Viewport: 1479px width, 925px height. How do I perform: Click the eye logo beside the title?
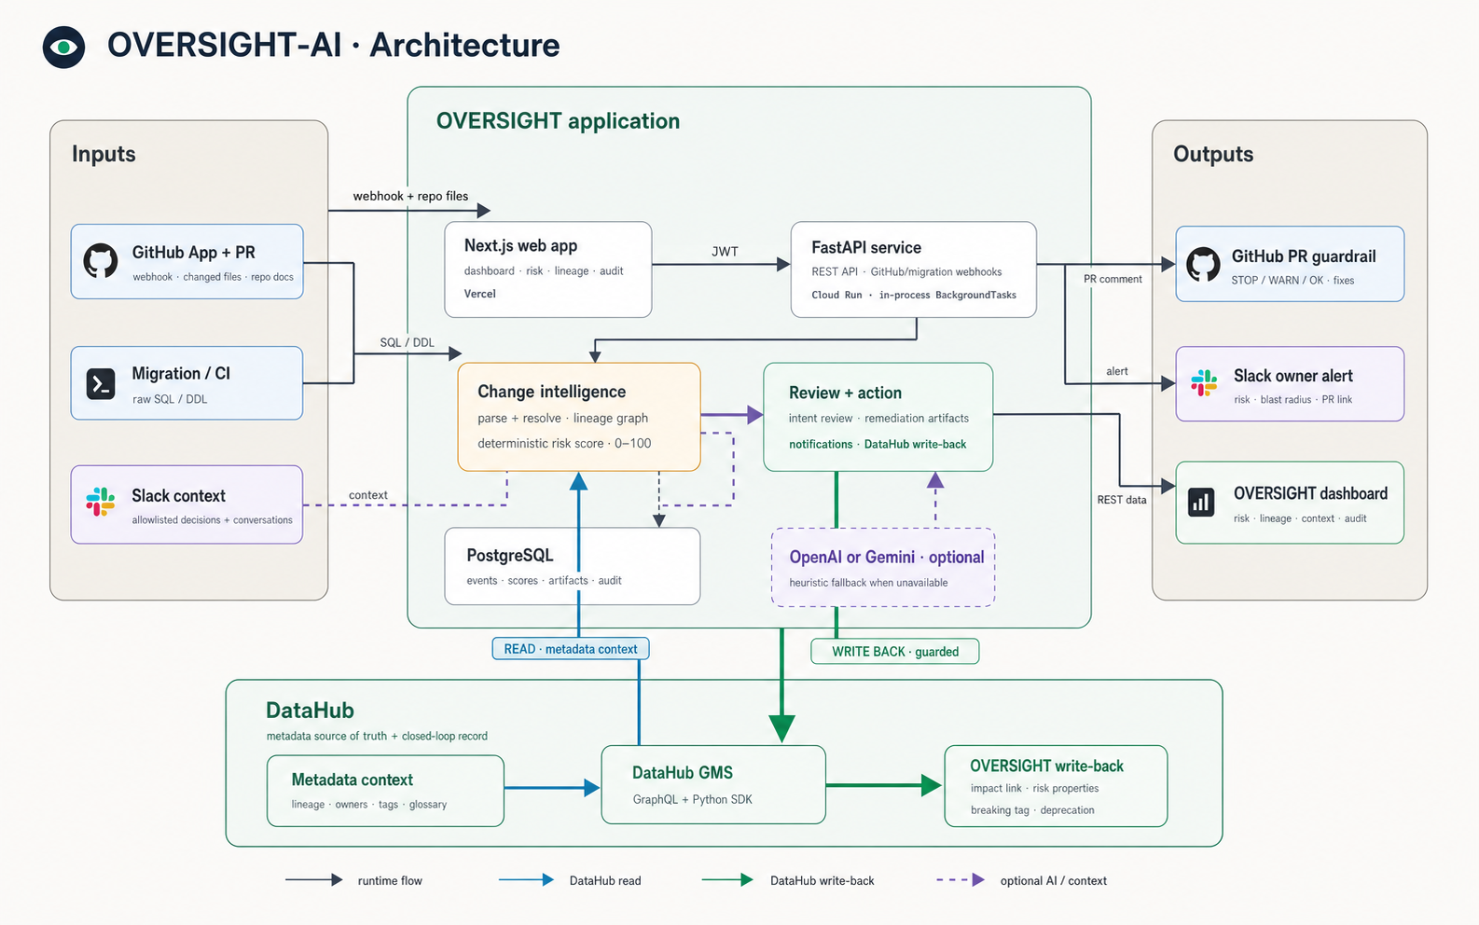click(x=64, y=47)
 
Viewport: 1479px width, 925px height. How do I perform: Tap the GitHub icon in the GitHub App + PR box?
click(x=101, y=261)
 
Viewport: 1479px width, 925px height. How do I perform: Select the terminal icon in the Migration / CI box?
click(x=101, y=383)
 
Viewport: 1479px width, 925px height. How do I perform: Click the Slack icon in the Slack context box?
click(x=101, y=502)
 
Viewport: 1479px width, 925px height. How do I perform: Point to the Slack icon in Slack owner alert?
click(x=1204, y=383)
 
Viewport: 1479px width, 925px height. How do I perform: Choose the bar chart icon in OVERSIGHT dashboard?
click(x=1201, y=502)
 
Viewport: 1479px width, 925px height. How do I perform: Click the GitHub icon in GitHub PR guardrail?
click(x=1203, y=264)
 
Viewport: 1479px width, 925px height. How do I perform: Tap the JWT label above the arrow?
click(x=725, y=252)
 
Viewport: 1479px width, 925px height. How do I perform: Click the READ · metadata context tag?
click(x=571, y=649)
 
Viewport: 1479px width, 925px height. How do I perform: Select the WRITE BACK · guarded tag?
click(x=894, y=652)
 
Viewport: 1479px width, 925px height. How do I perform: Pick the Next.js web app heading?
click(x=520, y=245)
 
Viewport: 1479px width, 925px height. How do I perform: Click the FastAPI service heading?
click(x=866, y=248)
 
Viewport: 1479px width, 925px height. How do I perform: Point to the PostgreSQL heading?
click(x=510, y=555)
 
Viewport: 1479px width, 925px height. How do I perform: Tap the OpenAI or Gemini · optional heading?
click(x=887, y=558)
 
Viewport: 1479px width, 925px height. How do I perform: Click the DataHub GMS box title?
click(x=683, y=772)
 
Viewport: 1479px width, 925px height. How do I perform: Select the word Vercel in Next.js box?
click(x=480, y=294)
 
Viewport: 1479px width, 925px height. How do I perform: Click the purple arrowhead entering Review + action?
click(x=755, y=415)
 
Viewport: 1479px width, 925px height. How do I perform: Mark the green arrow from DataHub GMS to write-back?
click(x=883, y=785)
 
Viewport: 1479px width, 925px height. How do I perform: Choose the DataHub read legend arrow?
click(x=526, y=879)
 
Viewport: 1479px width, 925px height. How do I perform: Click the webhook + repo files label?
click(x=410, y=196)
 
